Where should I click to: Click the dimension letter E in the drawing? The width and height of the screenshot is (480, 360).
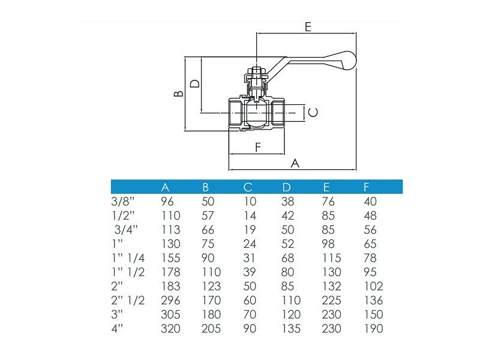308,26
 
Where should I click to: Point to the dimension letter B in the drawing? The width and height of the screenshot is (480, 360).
178,94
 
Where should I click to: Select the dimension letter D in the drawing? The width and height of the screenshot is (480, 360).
194,83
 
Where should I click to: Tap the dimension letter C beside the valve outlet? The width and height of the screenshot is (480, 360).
313,112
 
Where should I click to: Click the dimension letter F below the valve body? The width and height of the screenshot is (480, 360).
258,147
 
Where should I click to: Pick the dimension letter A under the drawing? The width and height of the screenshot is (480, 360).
295,163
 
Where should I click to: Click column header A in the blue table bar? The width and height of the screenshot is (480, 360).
166,188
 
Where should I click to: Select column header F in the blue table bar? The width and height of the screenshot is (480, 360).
367,188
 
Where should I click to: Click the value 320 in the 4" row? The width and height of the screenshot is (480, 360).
171,328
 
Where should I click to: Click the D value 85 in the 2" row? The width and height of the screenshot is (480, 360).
288,286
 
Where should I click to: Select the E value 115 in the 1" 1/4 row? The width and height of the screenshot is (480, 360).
331,258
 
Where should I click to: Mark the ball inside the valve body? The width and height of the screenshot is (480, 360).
257,112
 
